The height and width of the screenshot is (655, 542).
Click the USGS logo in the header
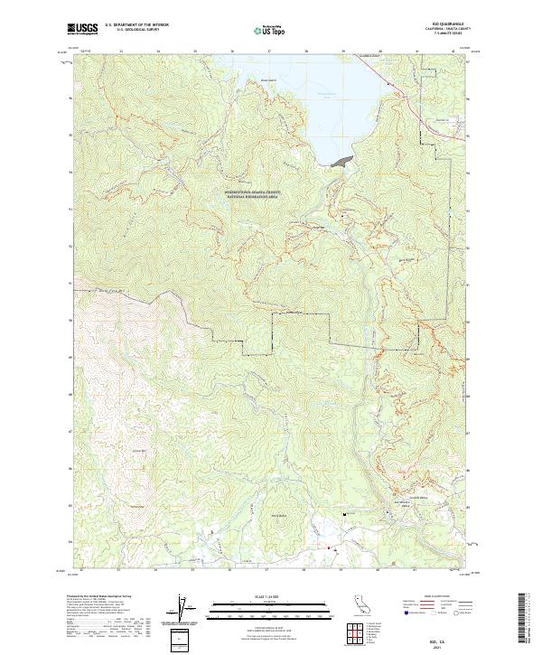point(84,29)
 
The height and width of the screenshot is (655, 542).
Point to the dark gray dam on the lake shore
point(341,161)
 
